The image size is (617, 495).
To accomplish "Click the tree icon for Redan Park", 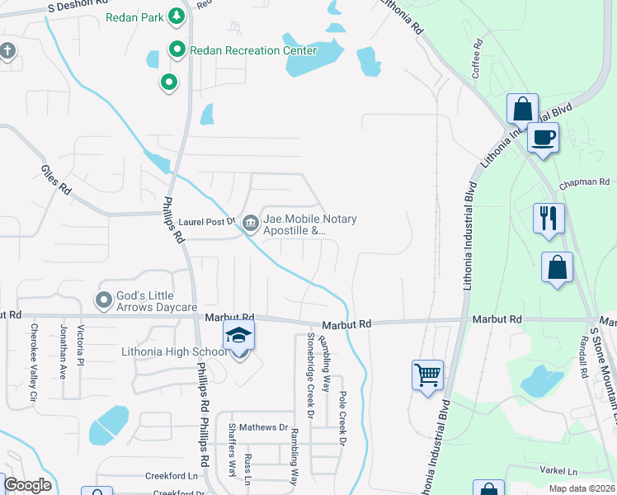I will (x=176, y=16).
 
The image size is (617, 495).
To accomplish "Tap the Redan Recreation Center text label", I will (x=252, y=50).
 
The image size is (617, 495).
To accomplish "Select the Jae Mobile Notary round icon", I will (x=250, y=221).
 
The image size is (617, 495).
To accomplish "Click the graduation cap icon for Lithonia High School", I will (x=239, y=336).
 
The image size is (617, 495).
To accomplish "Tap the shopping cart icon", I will (x=427, y=375).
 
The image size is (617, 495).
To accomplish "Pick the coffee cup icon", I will (x=543, y=138).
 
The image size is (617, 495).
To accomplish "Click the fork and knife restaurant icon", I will (x=549, y=219).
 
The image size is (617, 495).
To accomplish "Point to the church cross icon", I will (x=7, y=52).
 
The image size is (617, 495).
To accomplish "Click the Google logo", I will (x=27, y=484).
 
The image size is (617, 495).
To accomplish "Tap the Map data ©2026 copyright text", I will (x=582, y=488).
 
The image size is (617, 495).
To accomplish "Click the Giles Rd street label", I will (x=57, y=180).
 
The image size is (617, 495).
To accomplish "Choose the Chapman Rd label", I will (x=584, y=182).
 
